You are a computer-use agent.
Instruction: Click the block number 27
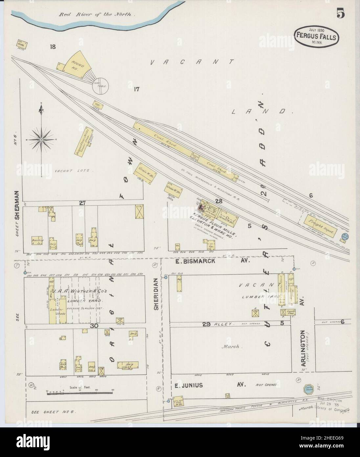coord(82,203)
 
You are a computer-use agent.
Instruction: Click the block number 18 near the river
coord(53,47)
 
